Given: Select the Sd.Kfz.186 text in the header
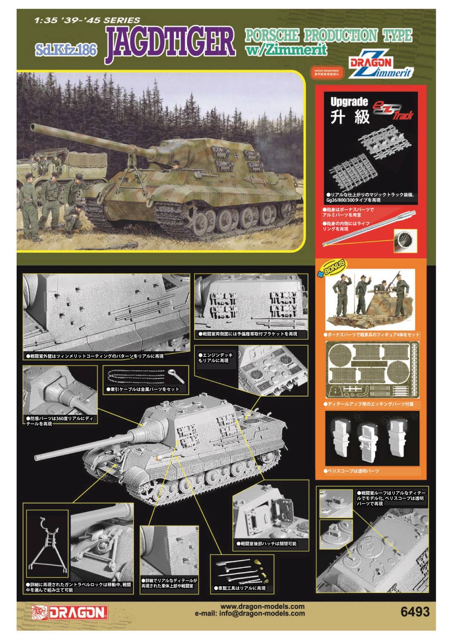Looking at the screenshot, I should point(67,49).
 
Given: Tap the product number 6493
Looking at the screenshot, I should point(415,612).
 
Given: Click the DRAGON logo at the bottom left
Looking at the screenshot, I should point(69,612).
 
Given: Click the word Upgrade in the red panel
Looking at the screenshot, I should point(349,102).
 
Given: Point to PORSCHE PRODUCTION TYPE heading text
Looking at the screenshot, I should point(328,36).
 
